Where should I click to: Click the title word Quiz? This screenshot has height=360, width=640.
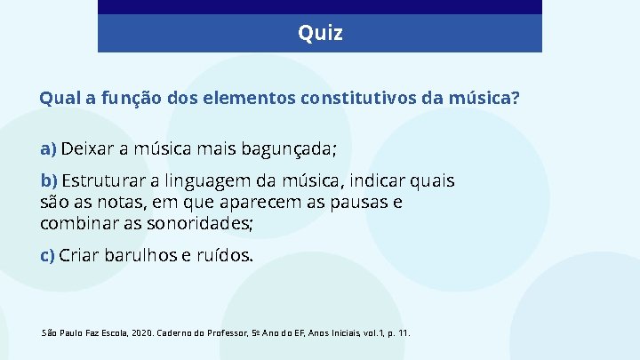point(320,34)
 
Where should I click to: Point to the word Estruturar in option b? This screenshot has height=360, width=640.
point(104,181)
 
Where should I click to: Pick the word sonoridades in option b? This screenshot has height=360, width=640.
point(202,222)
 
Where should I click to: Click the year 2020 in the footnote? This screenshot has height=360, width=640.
point(142,332)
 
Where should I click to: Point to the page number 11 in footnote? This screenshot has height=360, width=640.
point(404,332)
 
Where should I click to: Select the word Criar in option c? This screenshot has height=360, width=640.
point(79,256)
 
